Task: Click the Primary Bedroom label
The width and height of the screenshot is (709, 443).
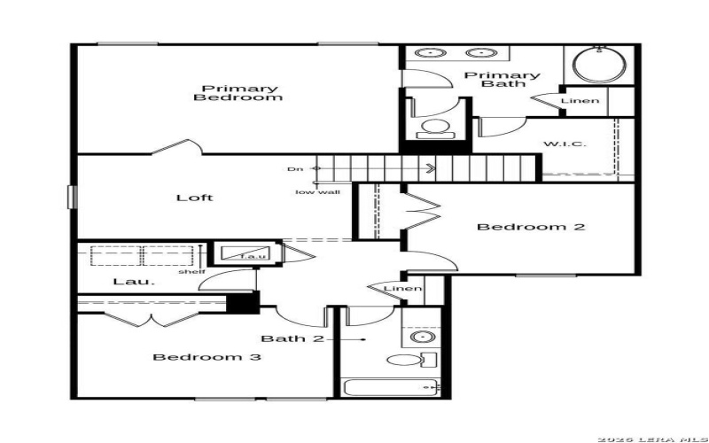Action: point(238,93)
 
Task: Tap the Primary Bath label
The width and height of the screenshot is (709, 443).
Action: point(503,81)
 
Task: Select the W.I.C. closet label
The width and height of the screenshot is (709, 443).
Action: point(564,144)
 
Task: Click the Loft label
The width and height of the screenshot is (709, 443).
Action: point(195,198)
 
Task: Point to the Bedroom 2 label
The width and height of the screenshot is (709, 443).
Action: point(531,227)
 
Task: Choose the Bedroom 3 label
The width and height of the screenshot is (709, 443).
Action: point(206,357)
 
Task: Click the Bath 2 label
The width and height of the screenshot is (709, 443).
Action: point(292,338)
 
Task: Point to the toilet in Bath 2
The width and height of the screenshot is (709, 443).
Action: point(409,361)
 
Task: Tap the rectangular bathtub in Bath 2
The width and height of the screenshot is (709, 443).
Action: point(390,386)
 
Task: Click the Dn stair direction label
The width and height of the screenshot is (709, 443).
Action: point(294,168)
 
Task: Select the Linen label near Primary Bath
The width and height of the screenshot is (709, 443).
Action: point(580,101)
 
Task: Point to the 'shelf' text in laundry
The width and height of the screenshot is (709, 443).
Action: point(191,271)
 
